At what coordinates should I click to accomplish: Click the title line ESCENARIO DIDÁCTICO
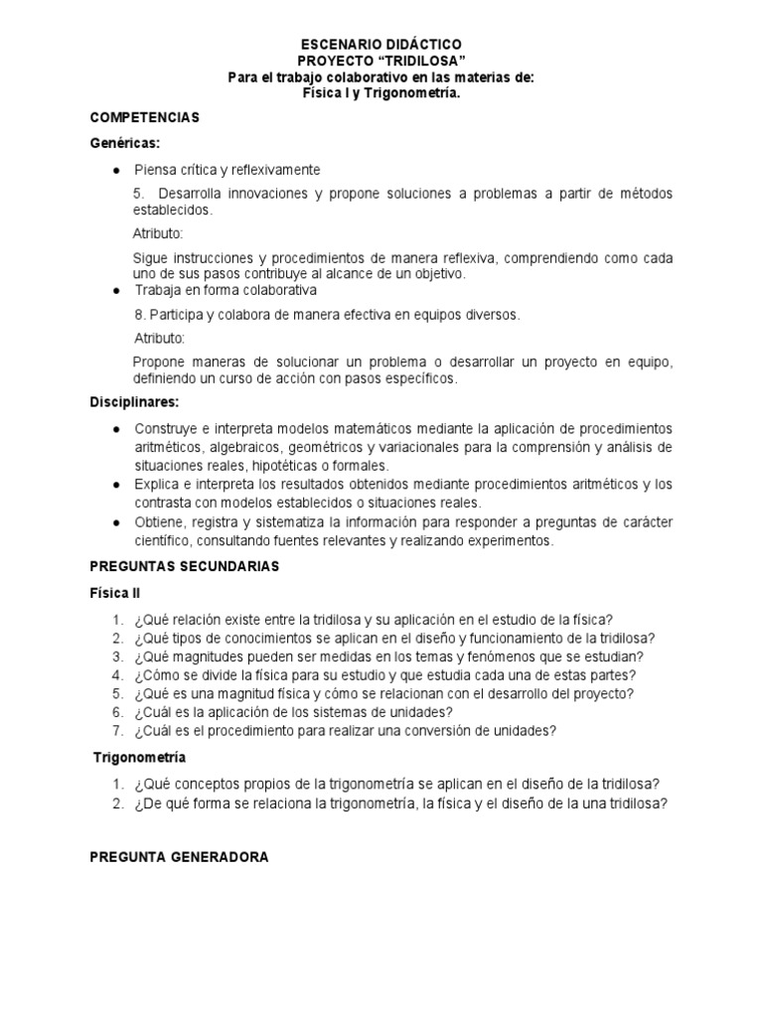(x=381, y=45)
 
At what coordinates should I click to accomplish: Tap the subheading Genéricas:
(x=125, y=143)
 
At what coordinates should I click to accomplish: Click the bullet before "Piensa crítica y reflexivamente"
(x=117, y=169)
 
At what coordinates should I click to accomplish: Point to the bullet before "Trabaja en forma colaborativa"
(x=117, y=290)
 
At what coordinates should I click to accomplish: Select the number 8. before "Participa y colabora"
(x=138, y=315)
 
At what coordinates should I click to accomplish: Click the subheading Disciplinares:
(x=135, y=402)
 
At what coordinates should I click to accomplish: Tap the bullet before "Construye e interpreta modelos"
(x=117, y=428)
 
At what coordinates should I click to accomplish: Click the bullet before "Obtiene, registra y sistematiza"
(x=117, y=522)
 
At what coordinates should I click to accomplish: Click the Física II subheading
(x=115, y=592)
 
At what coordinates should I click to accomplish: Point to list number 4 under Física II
(x=117, y=674)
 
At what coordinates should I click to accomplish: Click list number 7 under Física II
(x=117, y=731)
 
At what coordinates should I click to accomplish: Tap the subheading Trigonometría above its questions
(x=139, y=757)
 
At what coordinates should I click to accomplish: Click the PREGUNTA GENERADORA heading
(x=179, y=856)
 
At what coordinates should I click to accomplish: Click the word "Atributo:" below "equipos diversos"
(x=159, y=338)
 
